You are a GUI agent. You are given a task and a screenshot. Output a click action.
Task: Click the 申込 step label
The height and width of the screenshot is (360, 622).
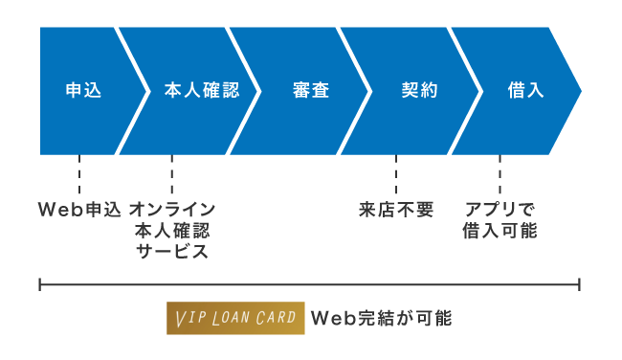click(79, 91)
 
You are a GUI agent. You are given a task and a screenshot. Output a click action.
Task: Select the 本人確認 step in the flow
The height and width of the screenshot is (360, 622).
click(200, 91)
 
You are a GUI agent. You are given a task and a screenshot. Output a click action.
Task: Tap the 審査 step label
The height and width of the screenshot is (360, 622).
click(311, 91)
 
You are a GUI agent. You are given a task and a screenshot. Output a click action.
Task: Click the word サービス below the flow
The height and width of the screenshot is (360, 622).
click(172, 252)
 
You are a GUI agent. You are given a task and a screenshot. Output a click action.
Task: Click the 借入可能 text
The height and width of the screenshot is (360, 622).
click(500, 231)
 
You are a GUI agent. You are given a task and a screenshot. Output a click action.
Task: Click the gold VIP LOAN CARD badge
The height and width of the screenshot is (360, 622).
click(234, 318)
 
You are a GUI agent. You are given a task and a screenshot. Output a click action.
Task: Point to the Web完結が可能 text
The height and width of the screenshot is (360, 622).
click(381, 318)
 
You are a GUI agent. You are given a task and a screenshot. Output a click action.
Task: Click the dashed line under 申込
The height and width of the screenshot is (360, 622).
click(79, 174)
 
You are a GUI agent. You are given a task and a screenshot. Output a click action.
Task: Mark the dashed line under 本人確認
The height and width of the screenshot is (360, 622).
click(172, 174)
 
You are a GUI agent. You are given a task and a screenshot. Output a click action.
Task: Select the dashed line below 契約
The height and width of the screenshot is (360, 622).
click(396, 174)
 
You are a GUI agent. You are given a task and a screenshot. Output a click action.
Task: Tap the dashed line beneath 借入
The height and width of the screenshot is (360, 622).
click(500, 174)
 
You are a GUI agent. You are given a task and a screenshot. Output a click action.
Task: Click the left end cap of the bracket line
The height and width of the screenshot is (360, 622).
click(40, 284)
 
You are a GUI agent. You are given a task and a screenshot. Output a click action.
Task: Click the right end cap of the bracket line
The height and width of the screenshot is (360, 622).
click(580, 284)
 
